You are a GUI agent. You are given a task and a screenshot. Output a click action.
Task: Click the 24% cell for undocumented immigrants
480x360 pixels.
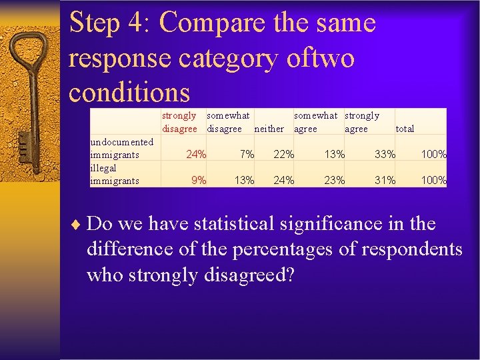coord(195,155)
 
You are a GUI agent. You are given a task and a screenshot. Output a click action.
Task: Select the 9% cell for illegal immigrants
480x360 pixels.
coord(198,180)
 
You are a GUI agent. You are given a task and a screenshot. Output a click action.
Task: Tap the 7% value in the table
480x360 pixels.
coord(247,155)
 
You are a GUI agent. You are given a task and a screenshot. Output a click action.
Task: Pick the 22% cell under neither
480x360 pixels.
coord(284,155)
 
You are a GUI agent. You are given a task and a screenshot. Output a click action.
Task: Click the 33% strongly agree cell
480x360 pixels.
coord(385,155)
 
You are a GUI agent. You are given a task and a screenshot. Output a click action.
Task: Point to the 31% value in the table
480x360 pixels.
coord(385,180)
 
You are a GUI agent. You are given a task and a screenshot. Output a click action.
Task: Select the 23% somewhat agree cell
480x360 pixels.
coord(334,180)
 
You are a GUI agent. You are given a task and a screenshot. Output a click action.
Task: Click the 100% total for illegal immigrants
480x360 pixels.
coord(433,180)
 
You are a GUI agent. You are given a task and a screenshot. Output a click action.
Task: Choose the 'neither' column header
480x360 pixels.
coord(269,129)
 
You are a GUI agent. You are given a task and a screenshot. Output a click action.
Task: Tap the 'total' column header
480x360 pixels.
coord(405,129)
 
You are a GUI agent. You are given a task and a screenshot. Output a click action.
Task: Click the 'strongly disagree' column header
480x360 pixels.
coord(180,122)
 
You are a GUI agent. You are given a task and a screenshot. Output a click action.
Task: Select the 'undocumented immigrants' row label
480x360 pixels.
coord(122,148)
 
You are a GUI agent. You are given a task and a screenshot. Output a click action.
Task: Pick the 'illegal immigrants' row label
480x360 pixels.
coord(115,174)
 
